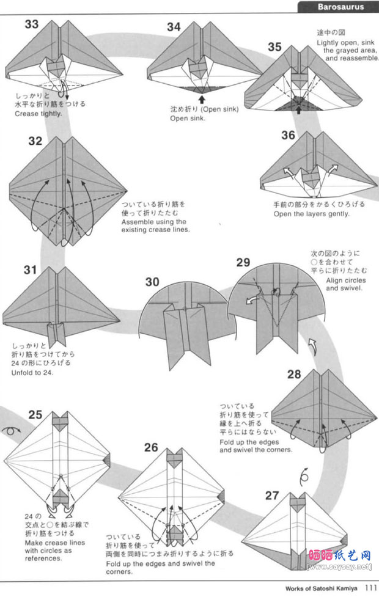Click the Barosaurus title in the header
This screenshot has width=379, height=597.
click(x=340, y=7)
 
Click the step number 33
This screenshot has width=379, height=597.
click(x=32, y=24)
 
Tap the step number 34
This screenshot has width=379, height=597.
click(x=174, y=26)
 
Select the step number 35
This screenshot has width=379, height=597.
click(x=274, y=47)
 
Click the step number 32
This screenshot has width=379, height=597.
click(x=35, y=141)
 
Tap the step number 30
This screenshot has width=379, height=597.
click(x=153, y=282)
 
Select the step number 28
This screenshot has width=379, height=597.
click(x=294, y=374)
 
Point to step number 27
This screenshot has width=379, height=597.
click(x=272, y=495)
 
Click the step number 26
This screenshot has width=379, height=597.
click(x=151, y=447)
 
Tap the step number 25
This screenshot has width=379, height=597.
click(x=35, y=415)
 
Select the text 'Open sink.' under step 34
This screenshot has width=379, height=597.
click(x=188, y=119)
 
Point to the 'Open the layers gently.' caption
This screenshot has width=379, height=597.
click(x=311, y=214)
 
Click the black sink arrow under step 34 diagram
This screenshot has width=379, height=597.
click(x=201, y=98)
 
